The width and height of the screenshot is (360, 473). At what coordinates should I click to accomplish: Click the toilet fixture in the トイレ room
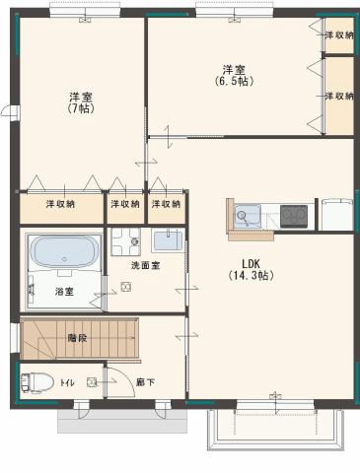tap(37, 382)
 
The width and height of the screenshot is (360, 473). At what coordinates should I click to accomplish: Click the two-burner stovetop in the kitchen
tap(294, 217)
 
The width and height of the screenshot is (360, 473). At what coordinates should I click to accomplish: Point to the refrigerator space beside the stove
tap(337, 215)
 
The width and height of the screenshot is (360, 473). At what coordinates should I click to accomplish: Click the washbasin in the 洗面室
tap(168, 240)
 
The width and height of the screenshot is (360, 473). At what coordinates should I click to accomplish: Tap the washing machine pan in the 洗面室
tap(126, 241)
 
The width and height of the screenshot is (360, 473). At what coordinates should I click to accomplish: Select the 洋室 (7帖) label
tap(81, 102)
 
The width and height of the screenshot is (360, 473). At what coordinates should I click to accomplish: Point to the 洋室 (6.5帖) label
tap(234, 75)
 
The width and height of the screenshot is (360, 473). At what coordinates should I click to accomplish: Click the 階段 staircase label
tap(78, 338)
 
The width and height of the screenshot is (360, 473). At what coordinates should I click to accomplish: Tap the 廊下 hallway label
tap(146, 382)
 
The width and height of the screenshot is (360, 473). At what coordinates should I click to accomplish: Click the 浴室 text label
tap(64, 291)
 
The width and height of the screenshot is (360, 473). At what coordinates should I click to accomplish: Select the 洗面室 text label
tap(146, 265)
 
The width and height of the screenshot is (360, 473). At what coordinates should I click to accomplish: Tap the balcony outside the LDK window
tap(275, 430)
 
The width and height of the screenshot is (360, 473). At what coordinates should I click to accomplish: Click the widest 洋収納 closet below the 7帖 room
tap(61, 208)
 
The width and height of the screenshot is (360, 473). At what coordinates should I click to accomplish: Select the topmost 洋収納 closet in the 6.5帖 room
tap(339, 34)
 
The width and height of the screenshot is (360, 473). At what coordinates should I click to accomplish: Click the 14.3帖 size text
tap(251, 275)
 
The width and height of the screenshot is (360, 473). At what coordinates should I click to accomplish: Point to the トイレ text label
tap(67, 382)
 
